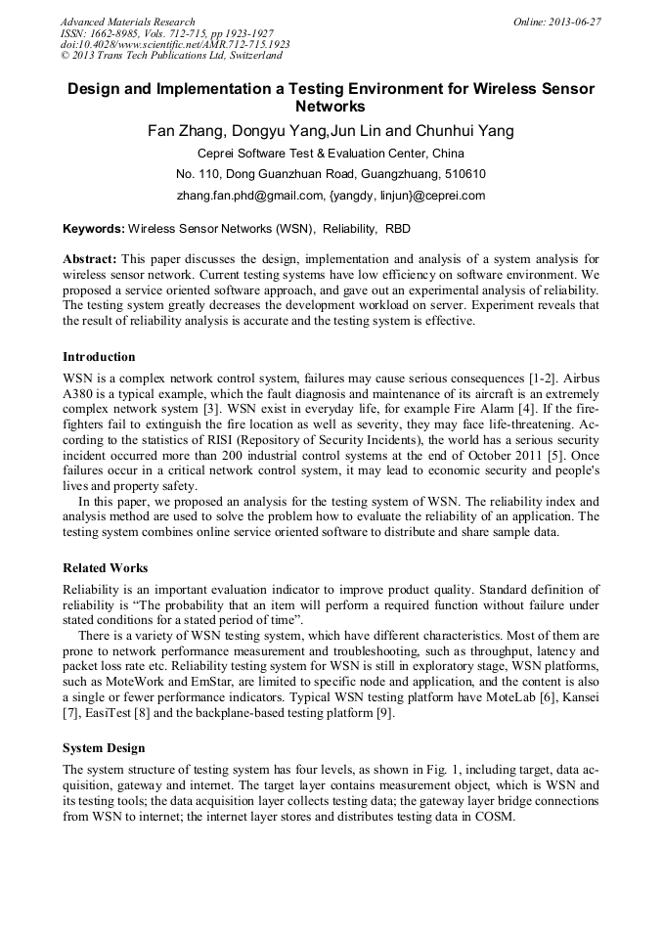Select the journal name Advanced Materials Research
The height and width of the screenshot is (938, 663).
coord(127,22)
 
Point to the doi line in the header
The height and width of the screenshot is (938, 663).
coord(175,44)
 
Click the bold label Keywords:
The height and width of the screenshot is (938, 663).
coord(93,229)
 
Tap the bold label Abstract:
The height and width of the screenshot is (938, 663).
coord(90,259)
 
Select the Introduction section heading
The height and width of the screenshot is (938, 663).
coord(99,357)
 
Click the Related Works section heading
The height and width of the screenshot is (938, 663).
coord(105,568)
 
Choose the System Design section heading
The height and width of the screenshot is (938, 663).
coord(104,748)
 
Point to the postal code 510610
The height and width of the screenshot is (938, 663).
coord(465,174)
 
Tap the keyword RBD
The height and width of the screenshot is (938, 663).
coord(398,229)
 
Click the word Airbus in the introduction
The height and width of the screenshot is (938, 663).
coord(579,377)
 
